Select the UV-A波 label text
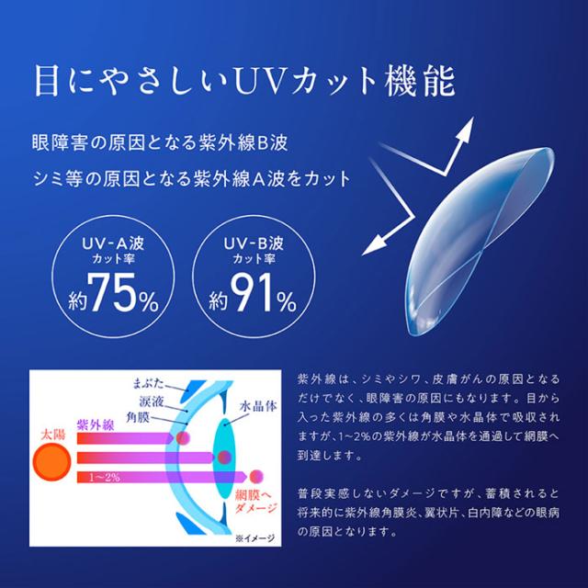(x=109, y=245)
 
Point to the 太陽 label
(x=54, y=427)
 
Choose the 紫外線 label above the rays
(x=96, y=419)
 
